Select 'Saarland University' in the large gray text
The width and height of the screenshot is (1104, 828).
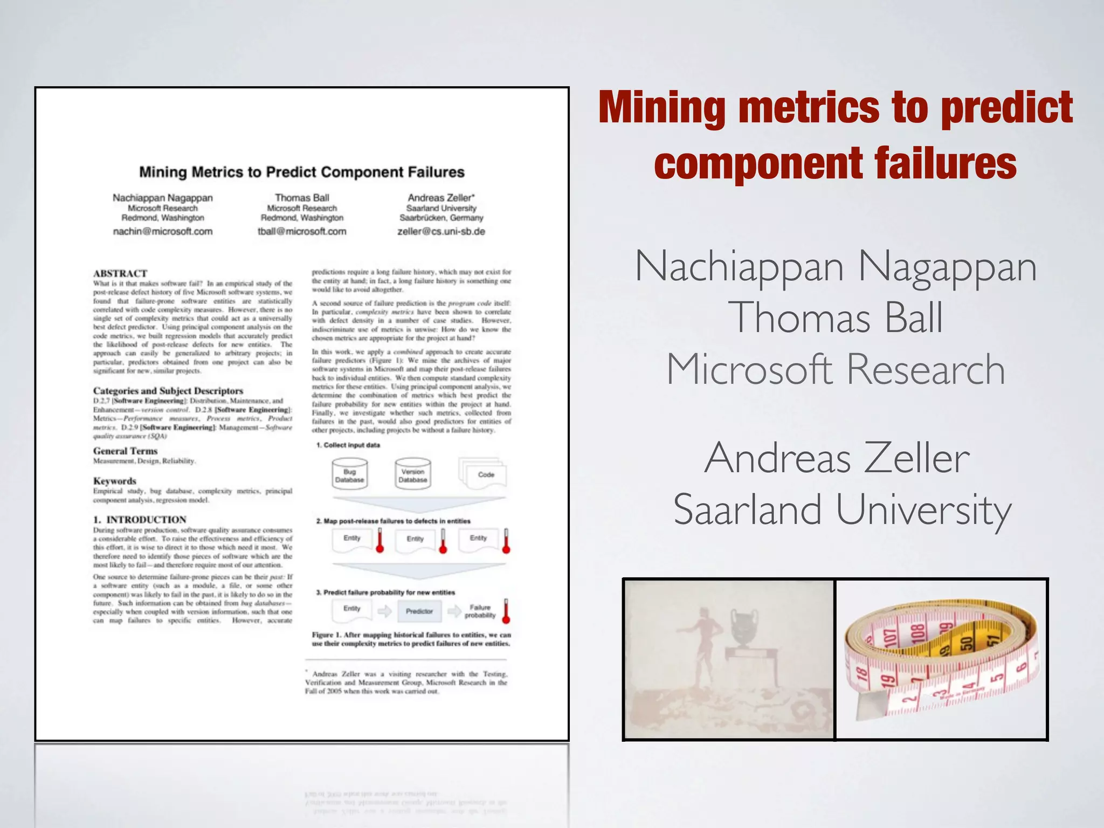[842, 509]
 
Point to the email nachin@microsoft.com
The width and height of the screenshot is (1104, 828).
[163, 231]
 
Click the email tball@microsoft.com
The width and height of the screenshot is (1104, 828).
[302, 231]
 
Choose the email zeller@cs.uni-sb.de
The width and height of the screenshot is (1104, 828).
[441, 231]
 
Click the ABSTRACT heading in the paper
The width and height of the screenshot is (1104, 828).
[120, 273]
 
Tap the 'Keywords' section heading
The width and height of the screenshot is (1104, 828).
[115, 481]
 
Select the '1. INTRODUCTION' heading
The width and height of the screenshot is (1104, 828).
[140, 520]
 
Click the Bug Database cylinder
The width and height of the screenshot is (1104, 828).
[350, 474]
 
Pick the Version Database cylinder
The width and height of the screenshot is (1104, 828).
[413, 474]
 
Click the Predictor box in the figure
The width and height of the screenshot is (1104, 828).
[419, 611]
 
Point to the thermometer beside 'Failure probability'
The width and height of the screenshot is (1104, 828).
[506, 611]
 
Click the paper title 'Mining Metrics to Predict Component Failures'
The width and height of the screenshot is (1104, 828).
[302, 172]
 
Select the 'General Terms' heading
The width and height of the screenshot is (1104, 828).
[126, 451]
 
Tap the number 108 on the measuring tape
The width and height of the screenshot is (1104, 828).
[918, 635]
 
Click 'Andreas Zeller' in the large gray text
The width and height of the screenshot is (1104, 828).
[837, 458]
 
